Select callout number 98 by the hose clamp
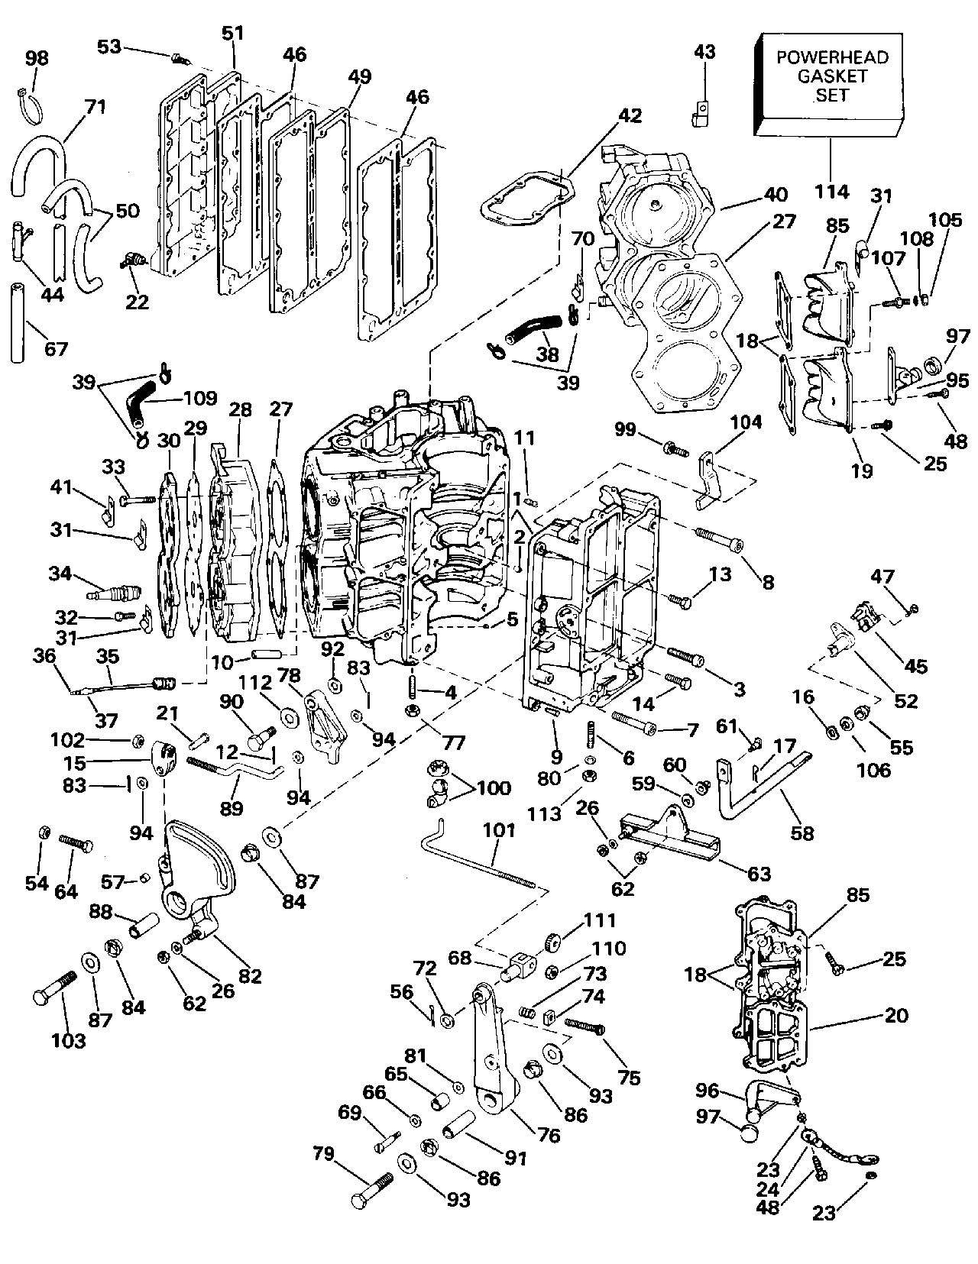coord(37,58)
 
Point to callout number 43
coord(704,52)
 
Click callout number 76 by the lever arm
coord(549,1135)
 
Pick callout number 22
coord(137,302)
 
